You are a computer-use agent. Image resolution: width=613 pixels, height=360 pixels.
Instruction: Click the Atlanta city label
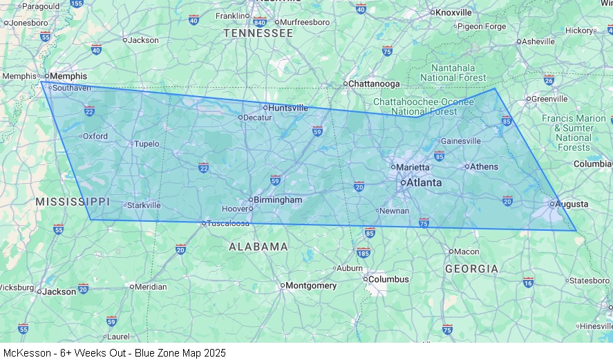pos(424,183)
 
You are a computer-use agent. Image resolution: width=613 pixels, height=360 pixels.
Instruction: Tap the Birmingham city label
pos(277,200)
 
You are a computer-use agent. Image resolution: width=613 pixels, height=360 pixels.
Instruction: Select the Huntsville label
pos(288,108)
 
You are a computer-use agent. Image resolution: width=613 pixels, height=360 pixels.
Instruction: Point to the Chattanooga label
pos(374,84)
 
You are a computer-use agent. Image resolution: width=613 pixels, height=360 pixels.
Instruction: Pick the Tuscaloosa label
pos(229,223)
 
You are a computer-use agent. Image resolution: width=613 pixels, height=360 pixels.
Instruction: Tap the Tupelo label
pos(147,144)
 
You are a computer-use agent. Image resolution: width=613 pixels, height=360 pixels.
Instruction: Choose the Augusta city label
pos(572,204)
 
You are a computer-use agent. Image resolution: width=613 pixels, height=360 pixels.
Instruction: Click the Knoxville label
pos(453,12)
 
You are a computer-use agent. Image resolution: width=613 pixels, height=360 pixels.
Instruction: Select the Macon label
pos(467,252)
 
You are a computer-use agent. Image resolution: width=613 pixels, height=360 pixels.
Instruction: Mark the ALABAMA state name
pos(258,247)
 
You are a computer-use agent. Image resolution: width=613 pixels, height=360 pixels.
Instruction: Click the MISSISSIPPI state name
pos(73,202)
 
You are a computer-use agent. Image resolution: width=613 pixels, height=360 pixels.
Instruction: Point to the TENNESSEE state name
pos(258,33)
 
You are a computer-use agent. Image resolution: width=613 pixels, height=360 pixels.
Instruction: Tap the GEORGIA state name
pos(471,269)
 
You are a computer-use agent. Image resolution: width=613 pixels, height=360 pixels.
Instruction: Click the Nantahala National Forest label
pos(453,73)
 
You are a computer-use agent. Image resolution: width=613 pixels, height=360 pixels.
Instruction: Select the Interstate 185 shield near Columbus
pos(364,253)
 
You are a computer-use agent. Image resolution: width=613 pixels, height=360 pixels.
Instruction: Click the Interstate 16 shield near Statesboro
pos(528,282)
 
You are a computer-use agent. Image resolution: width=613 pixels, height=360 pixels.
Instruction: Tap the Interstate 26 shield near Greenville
pos(549,79)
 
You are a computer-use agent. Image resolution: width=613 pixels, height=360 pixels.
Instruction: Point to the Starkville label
pos(144,205)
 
